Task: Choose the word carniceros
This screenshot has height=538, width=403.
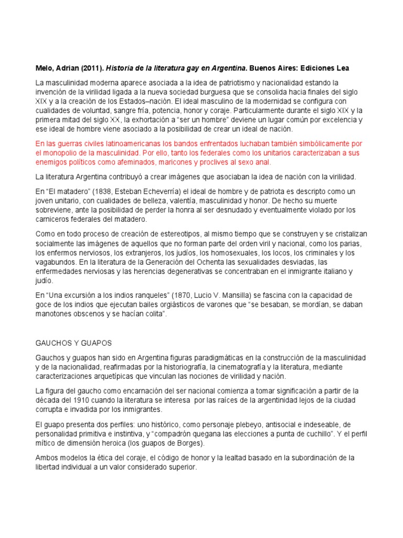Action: pos(53,220)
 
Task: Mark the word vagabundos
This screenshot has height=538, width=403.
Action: pos(55,262)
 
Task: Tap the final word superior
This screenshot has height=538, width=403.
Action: pos(180,467)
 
